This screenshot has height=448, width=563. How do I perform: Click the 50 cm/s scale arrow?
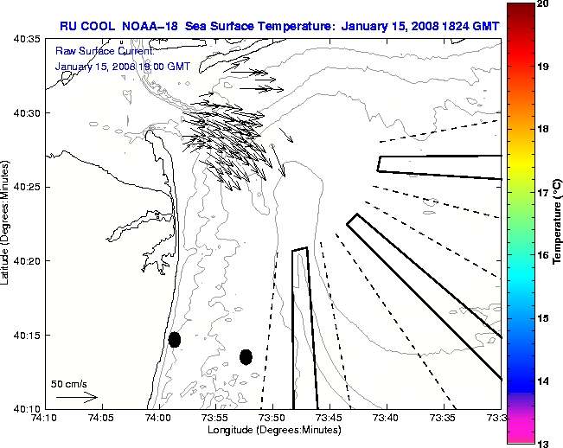point(77,397)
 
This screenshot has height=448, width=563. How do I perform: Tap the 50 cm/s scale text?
point(69,383)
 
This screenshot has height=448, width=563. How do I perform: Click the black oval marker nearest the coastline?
point(175,339)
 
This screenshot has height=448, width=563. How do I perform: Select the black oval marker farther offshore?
point(246,356)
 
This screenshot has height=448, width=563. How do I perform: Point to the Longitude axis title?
point(273,430)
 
